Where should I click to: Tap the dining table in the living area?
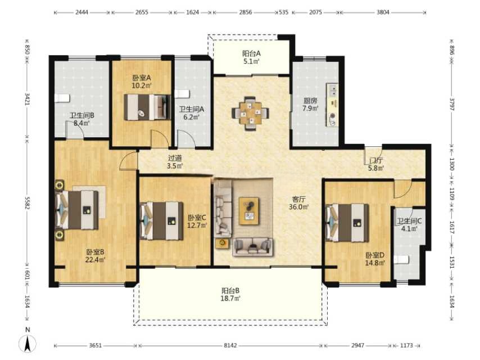tap(251, 114)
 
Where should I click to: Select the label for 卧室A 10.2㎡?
tap(142, 82)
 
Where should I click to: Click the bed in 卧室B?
tap(77, 210)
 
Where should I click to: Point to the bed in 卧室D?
tap(347, 223)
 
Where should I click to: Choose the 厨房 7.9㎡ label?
tap(310, 104)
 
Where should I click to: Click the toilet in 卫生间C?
tap(402, 260)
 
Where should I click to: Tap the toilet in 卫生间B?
tap(62, 98)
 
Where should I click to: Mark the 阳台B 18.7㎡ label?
tap(230, 294)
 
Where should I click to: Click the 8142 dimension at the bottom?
tap(230, 345)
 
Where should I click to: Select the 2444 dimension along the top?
tap(81, 12)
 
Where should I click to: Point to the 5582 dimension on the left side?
tap(27, 203)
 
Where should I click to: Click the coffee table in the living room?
tap(249, 211)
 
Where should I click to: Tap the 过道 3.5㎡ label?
tap(175, 162)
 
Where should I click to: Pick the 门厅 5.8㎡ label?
tap(376, 164)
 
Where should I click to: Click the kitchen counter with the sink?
tap(332, 105)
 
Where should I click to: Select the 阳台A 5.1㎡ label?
tap(251, 57)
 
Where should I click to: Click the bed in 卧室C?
tap(162, 220)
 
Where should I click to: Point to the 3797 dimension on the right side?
tap(452, 104)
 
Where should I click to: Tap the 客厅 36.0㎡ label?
tap(298, 203)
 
